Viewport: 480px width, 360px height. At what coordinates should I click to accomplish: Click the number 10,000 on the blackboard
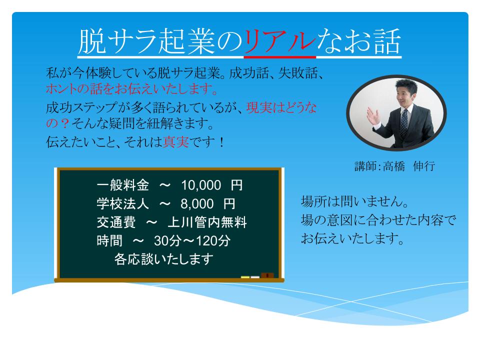point(201,186)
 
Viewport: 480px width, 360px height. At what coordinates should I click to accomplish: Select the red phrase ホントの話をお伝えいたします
point(131,91)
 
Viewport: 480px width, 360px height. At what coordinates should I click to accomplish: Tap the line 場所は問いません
point(355,202)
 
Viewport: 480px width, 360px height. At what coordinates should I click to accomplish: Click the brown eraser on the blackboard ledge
point(267,275)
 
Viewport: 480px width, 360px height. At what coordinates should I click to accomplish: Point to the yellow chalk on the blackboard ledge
point(245,276)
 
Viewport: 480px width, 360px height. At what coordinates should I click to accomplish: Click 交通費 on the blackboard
point(114,222)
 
